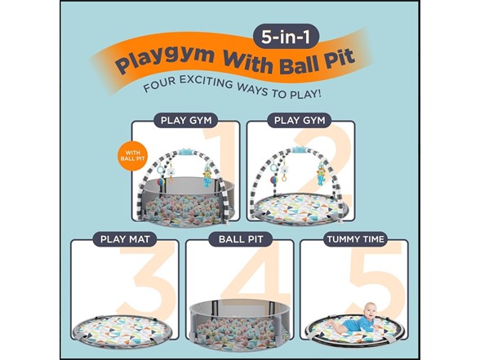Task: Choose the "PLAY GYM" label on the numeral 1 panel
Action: (185, 121)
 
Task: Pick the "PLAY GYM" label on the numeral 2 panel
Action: (300, 121)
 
